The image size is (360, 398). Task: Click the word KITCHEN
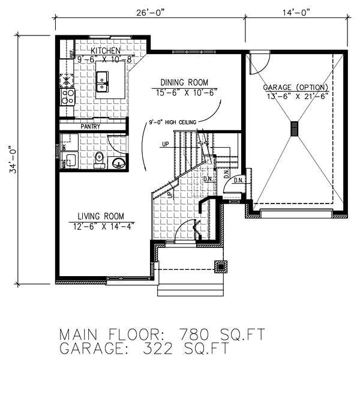pos(106,51)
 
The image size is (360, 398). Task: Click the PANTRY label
pos(90,126)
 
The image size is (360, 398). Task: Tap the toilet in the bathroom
pos(100,158)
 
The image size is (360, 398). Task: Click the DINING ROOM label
pos(184,82)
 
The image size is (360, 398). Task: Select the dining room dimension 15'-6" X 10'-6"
pos(184,92)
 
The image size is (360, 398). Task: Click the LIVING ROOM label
pos(101,216)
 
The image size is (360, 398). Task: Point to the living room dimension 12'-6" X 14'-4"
pos(101,226)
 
